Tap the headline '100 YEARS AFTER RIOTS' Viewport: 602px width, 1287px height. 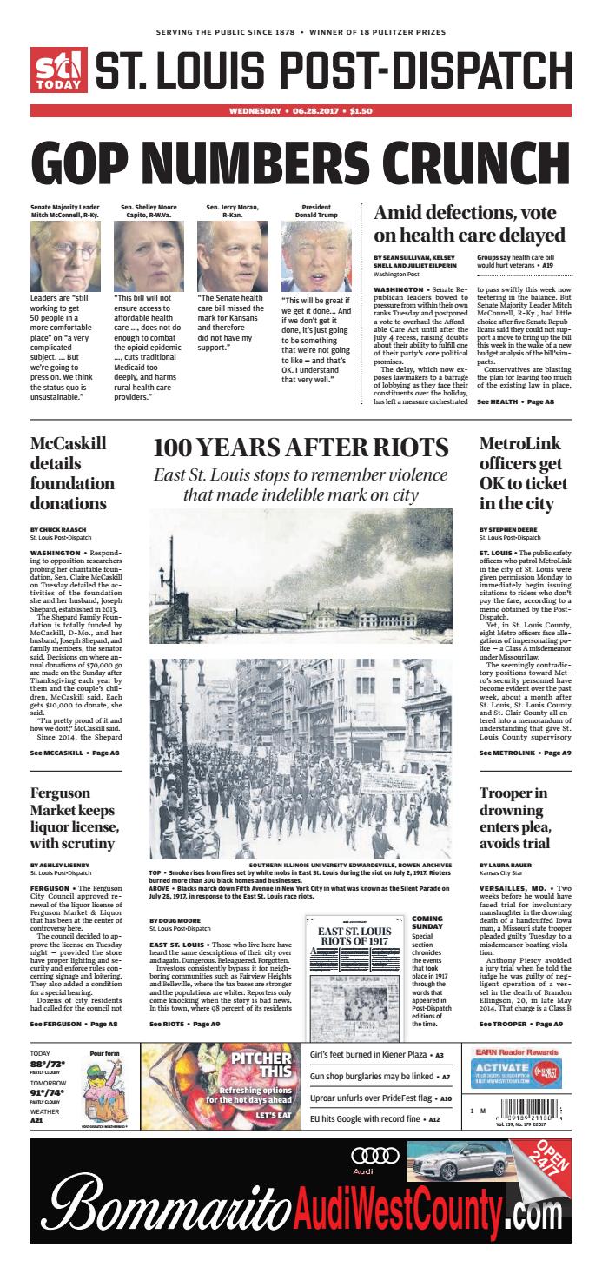pos(301,448)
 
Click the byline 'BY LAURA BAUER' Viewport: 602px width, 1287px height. pos(506,866)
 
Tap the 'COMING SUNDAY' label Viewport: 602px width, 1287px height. pos(427,924)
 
